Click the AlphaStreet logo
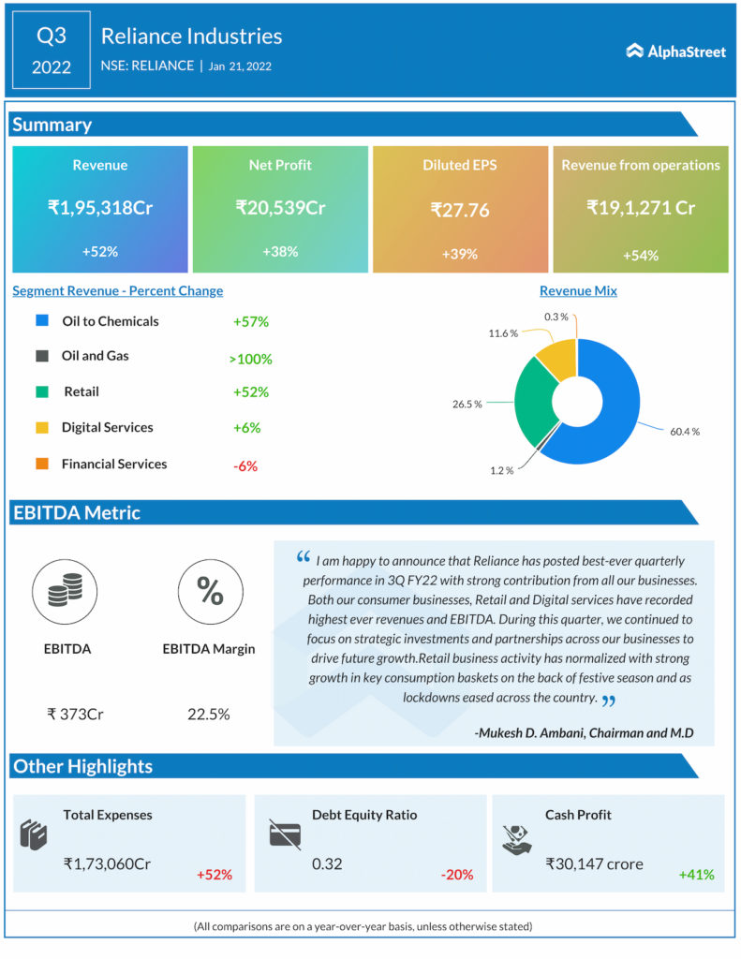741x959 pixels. [x=676, y=52]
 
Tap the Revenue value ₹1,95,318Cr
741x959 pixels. [x=100, y=208]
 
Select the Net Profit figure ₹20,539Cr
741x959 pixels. [x=280, y=208]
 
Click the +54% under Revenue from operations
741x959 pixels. [x=641, y=256]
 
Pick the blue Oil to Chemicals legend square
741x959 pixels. [x=41, y=321]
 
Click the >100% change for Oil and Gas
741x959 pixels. [x=250, y=359]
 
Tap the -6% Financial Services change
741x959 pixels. [x=245, y=465]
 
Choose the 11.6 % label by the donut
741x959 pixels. [x=502, y=333]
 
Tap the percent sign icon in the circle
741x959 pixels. [x=209, y=592]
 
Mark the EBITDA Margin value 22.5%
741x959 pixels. [x=209, y=715]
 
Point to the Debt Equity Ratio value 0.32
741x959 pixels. [x=327, y=863]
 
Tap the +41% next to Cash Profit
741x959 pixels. [x=696, y=875]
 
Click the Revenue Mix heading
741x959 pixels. [x=578, y=291]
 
